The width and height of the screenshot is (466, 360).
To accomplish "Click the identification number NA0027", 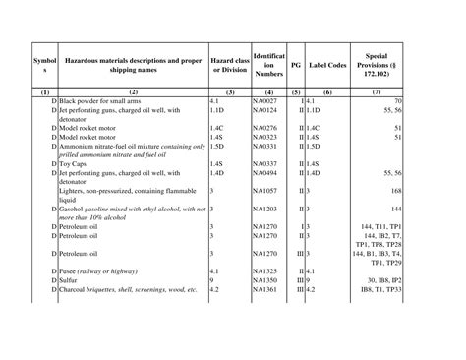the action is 265,100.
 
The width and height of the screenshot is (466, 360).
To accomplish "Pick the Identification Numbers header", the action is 268,62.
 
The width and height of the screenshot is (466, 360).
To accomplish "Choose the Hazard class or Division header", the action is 229,62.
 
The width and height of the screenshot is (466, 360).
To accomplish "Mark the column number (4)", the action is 268,91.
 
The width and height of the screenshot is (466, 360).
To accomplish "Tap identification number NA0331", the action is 265,146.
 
